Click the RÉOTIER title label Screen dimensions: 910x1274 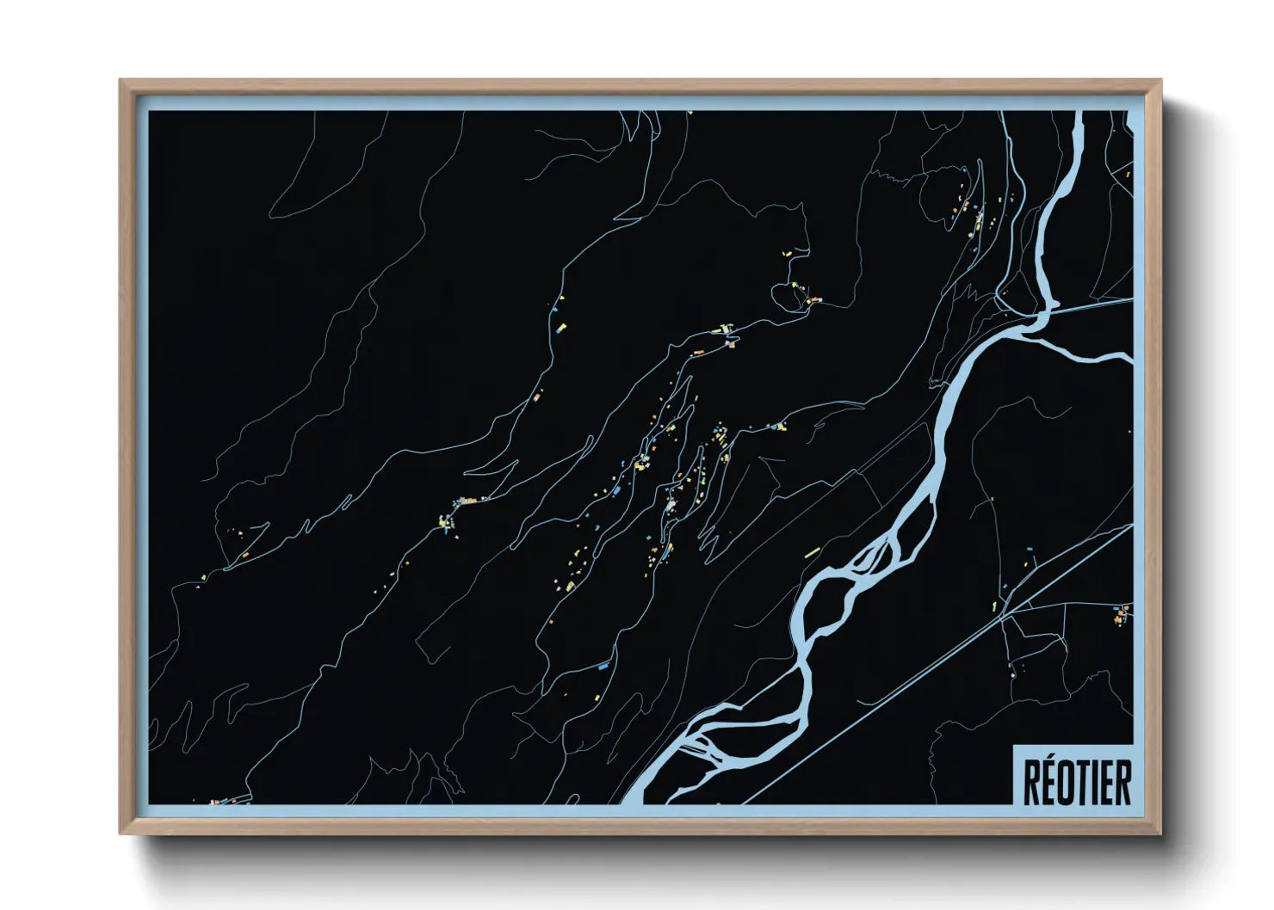(x=1076, y=781)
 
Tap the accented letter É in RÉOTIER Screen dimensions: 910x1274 (x=1050, y=781)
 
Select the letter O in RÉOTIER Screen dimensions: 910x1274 (x=1069, y=782)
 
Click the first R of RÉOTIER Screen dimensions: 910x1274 (x=1032, y=782)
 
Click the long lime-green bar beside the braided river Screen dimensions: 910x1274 (x=812, y=551)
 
